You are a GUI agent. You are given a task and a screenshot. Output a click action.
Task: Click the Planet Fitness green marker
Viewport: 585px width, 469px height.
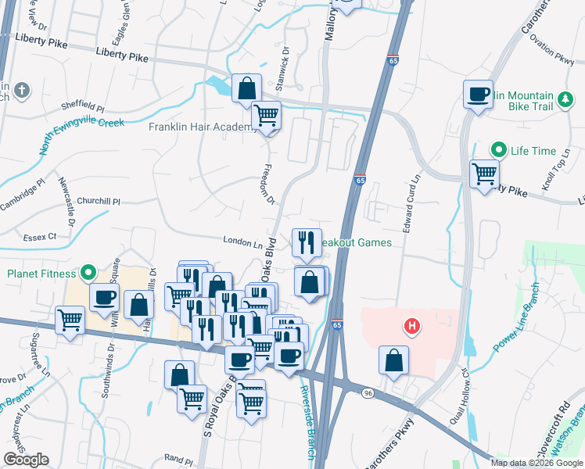[x=88, y=274]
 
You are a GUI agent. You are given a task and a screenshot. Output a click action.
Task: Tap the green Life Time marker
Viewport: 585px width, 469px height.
[x=497, y=150]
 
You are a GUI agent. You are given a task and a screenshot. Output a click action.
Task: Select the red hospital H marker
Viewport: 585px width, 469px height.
[x=409, y=325]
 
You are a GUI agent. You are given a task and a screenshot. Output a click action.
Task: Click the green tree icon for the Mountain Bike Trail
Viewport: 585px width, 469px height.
[x=565, y=102]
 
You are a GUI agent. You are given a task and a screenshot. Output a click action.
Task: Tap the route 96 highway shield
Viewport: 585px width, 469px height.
[x=368, y=392]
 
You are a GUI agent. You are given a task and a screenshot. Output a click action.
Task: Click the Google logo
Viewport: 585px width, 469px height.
[x=26, y=460]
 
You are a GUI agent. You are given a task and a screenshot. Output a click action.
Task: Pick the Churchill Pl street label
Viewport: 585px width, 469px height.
[x=100, y=201]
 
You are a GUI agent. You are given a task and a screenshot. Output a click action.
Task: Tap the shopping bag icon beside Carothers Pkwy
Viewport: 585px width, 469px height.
[x=393, y=360]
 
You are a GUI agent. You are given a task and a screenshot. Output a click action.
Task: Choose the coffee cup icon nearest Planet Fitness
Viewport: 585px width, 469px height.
[x=104, y=297]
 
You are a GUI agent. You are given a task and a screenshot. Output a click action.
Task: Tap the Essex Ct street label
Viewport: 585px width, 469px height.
[x=41, y=235]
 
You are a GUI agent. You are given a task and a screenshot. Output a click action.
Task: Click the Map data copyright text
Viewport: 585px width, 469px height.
[x=537, y=463]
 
